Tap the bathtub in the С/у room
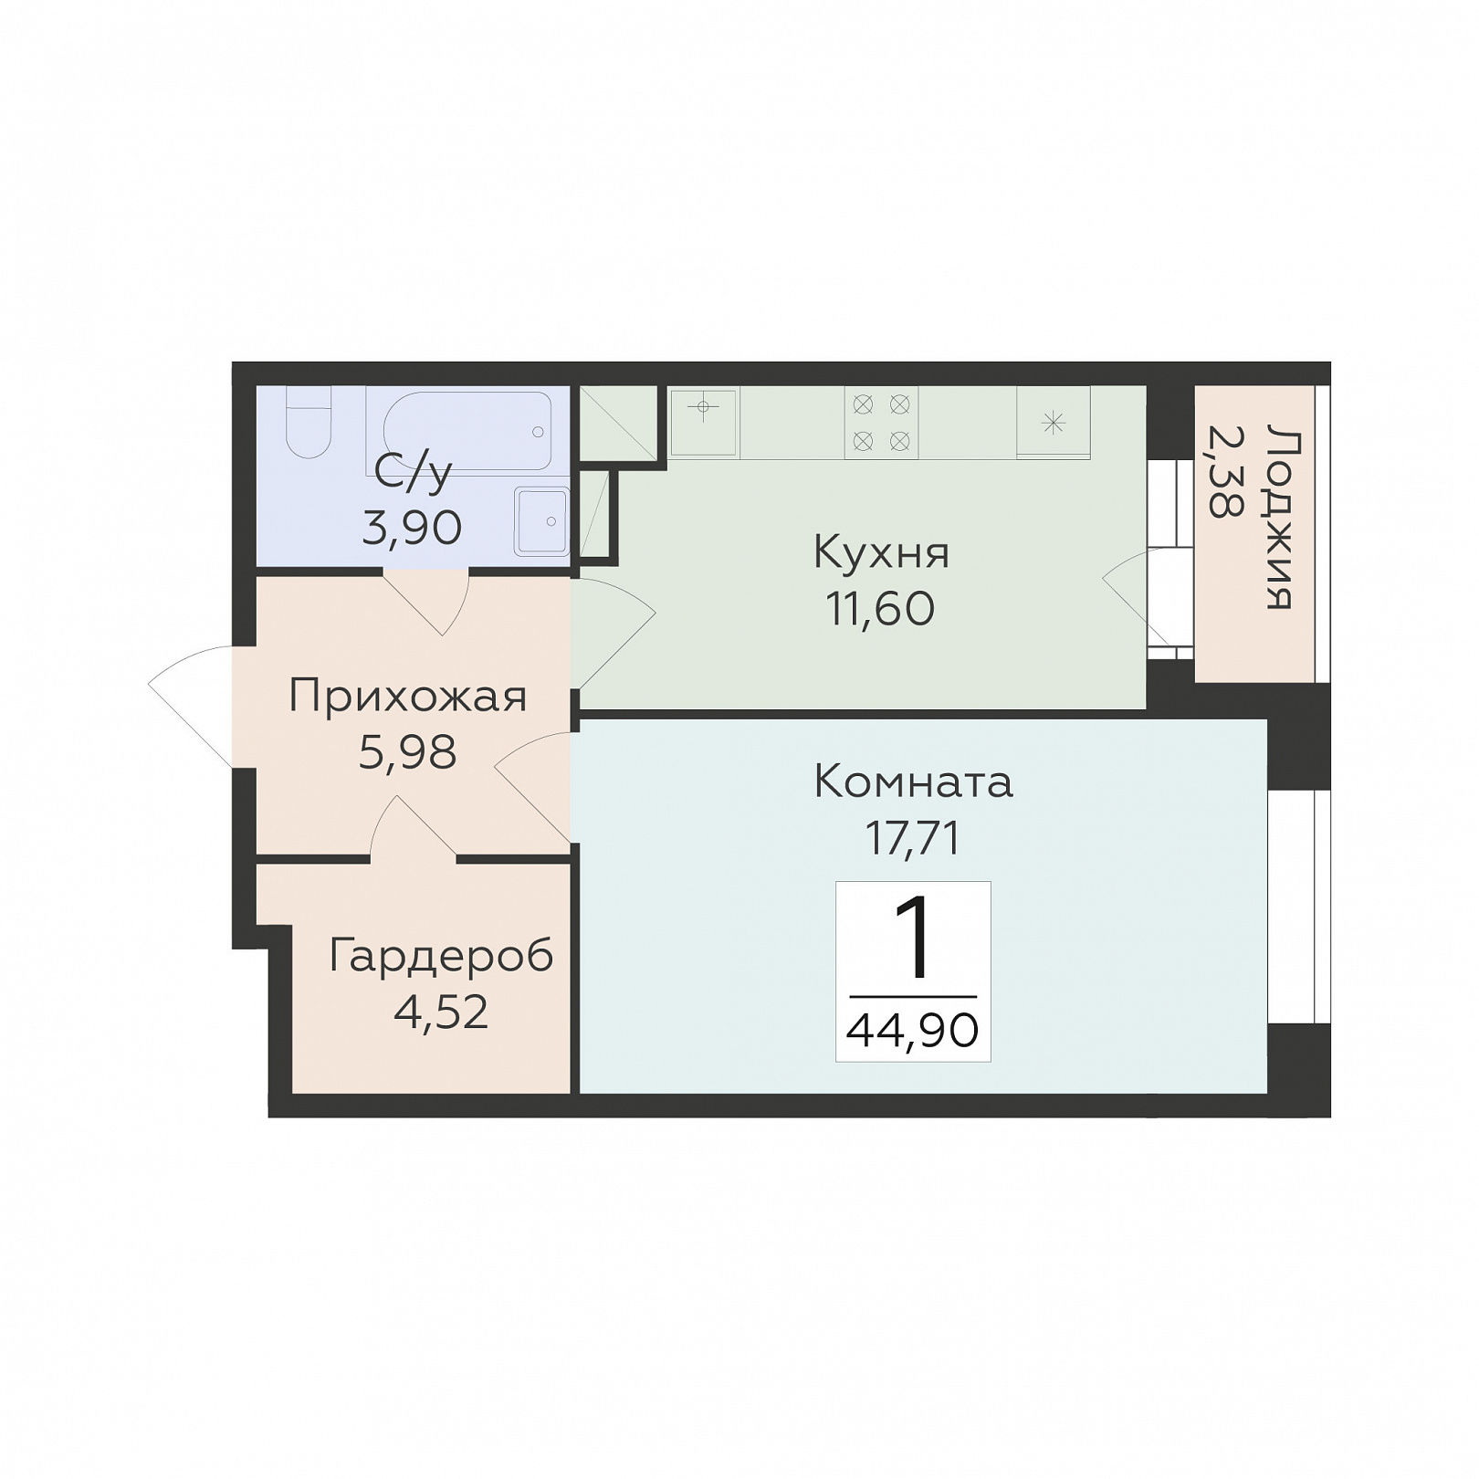pyautogui.click(x=467, y=431)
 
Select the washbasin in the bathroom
pyautogui.click(x=541, y=521)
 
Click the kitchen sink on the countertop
pyautogui.click(x=703, y=421)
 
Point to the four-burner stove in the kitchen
pyautogui.click(x=881, y=422)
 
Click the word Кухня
pyautogui.click(x=881, y=552)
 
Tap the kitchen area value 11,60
pyautogui.click(x=881, y=609)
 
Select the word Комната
pyautogui.click(x=913, y=782)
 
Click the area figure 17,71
pyautogui.click(x=913, y=838)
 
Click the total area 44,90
pyautogui.click(x=913, y=1031)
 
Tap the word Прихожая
pyautogui.click(x=408, y=697)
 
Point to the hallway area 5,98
pyautogui.click(x=408, y=753)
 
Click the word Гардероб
pyautogui.click(x=441, y=956)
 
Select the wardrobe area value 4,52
pyautogui.click(x=441, y=1012)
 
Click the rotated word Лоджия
pyautogui.click(x=1279, y=518)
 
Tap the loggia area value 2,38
pyautogui.click(x=1224, y=471)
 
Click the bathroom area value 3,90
pyautogui.click(x=412, y=528)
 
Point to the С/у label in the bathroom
pyautogui.click(x=414, y=472)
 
